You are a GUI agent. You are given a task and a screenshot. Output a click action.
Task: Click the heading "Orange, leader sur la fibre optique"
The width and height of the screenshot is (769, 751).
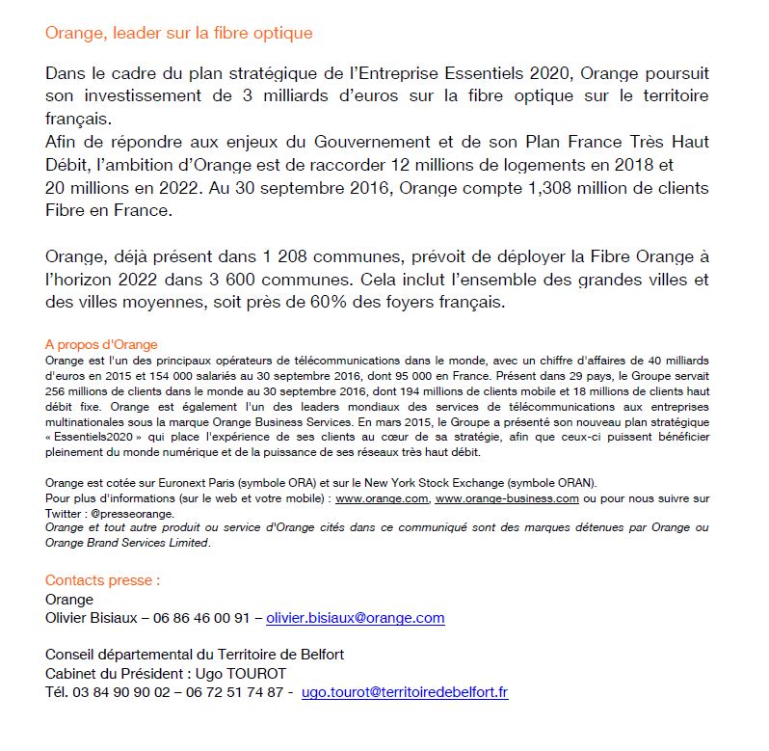(179, 33)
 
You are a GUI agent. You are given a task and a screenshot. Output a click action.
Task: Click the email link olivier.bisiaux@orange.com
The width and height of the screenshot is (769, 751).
(356, 618)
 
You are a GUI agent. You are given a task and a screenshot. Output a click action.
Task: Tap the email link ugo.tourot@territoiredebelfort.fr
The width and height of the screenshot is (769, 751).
(405, 691)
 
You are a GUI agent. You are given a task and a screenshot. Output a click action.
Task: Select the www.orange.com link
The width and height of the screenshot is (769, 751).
(381, 498)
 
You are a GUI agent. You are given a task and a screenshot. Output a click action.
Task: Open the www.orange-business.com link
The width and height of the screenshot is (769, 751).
(507, 498)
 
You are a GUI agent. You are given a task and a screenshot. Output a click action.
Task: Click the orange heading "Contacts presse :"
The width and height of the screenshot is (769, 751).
(103, 580)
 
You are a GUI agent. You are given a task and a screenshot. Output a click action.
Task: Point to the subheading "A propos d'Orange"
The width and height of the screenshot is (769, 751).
(101, 344)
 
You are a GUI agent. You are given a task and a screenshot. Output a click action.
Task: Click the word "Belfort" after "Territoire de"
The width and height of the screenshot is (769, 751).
(319, 655)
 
